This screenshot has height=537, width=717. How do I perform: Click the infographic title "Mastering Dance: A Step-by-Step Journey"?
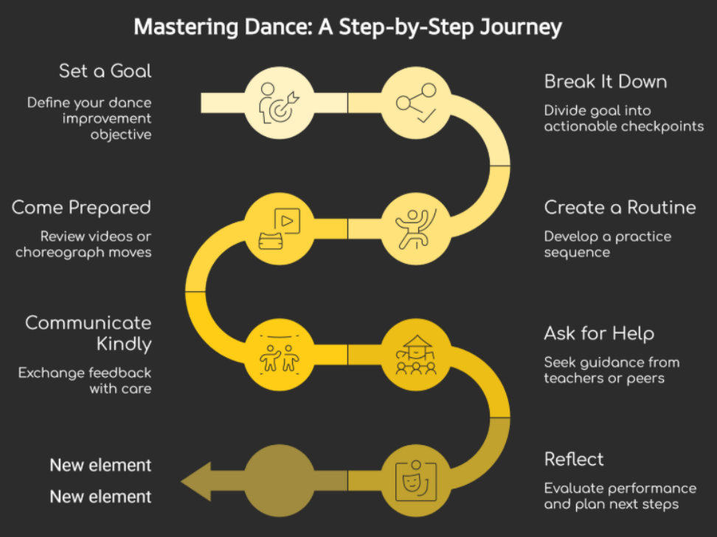347,27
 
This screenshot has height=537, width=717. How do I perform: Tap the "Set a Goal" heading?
105,71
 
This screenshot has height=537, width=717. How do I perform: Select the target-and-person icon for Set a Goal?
278,102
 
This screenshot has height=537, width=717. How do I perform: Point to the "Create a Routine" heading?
620,208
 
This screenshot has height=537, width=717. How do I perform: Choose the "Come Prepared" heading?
81,208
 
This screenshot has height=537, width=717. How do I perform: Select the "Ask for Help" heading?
599,334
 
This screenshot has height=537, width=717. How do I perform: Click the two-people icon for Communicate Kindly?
278,354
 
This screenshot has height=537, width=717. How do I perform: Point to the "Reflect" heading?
574,460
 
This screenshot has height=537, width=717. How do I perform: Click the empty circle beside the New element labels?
278,480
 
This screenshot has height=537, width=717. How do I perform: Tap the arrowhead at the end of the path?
198,480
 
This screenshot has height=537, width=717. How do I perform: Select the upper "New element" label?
100,466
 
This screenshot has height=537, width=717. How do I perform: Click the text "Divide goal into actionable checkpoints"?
624,119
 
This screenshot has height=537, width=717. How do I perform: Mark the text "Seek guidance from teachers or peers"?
612,371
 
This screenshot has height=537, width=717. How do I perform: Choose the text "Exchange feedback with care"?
85,380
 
